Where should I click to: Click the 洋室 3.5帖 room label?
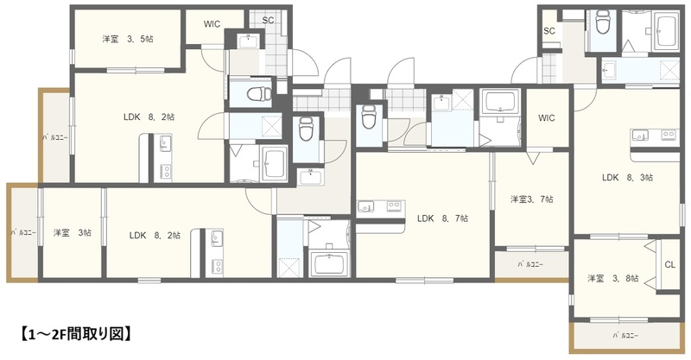[128, 39]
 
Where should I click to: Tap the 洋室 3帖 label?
[73, 232]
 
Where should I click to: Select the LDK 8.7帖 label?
[442, 218]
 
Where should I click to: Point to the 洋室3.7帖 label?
[532, 199]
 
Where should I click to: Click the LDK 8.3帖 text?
[628, 178]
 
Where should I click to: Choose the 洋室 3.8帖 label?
[613, 279]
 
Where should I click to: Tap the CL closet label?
[670, 265]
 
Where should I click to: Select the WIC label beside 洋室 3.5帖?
[212, 24]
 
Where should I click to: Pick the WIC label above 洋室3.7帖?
[547, 118]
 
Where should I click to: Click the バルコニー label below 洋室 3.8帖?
[625, 336]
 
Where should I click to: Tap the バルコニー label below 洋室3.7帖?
[530, 265]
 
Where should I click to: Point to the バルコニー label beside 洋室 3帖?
[23, 232]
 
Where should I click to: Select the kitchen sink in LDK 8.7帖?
[365, 205]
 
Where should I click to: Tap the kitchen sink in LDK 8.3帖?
[640, 136]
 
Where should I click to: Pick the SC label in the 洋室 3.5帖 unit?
[268, 20]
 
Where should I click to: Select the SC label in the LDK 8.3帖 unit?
[549, 31]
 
